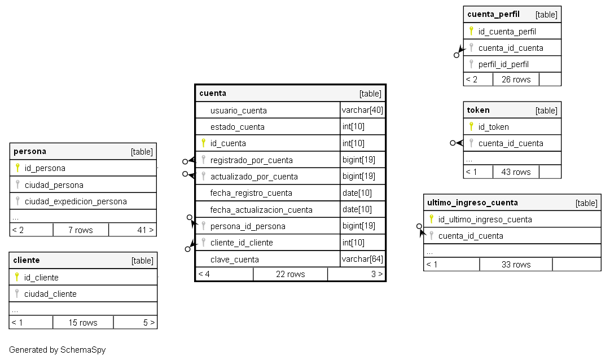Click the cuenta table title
point(213,93)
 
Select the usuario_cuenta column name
point(238,111)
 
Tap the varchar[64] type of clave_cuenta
point(362,260)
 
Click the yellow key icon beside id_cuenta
point(204,143)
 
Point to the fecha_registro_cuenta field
point(251,193)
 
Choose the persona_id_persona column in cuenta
point(247,226)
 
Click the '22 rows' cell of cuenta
point(290,274)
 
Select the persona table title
point(30,151)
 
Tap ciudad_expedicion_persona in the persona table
point(75,201)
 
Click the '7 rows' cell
point(81,230)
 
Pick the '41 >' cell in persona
point(145,230)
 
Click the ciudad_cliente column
point(50,294)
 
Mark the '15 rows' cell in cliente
point(83,323)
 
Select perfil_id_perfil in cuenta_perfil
point(503,64)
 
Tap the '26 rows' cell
point(516,80)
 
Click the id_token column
point(493,127)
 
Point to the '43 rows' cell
point(516,172)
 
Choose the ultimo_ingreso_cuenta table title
point(472,203)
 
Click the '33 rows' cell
point(516,264)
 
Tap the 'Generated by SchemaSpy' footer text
point(57,350)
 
